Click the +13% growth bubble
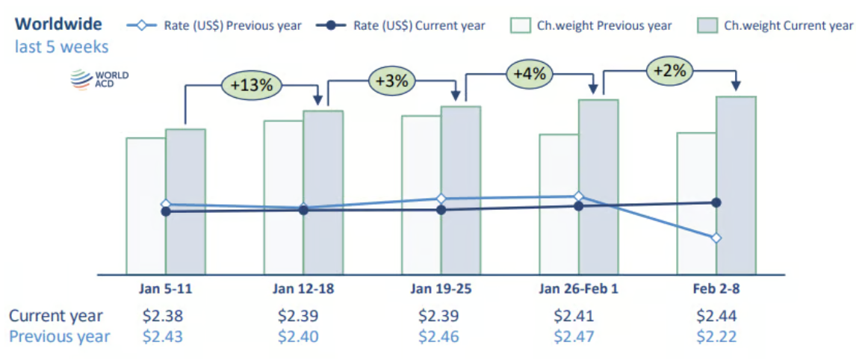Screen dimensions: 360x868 251,85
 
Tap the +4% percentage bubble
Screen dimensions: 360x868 529,74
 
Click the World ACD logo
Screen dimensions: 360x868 99,79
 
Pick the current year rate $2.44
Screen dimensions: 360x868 716,316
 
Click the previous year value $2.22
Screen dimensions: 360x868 716,337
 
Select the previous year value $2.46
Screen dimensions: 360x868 439,337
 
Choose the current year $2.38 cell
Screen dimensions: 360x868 163,316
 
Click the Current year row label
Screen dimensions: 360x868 56,316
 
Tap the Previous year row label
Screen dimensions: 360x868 59,337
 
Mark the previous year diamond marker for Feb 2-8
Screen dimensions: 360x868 716,238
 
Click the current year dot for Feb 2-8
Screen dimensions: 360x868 716,202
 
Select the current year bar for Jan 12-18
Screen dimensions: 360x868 323,192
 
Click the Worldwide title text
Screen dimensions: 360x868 58,24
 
